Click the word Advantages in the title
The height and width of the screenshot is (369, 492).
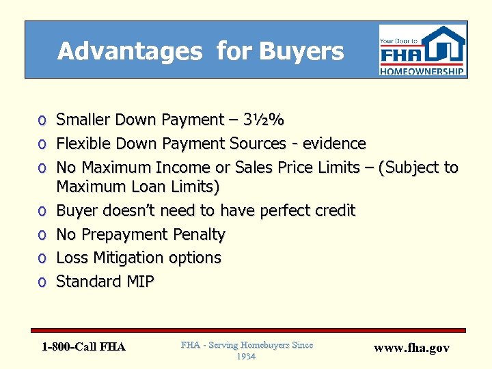[x=130, y=51]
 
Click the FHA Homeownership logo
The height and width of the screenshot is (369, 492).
[x=422, y=50]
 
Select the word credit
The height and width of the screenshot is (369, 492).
[x=333, y=210]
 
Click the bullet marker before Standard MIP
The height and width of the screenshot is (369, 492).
[x=42, y=282]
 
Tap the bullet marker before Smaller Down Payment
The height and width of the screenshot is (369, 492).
[x=42, y=121]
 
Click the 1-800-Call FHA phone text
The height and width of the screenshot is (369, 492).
[x=83, y=347]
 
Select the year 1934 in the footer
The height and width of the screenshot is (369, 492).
[x=247, y=357]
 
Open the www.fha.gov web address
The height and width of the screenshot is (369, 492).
[x=411, y=348]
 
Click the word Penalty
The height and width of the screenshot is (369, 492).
[x=197, y=234]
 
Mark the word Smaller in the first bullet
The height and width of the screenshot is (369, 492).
[x=82, y=120]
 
